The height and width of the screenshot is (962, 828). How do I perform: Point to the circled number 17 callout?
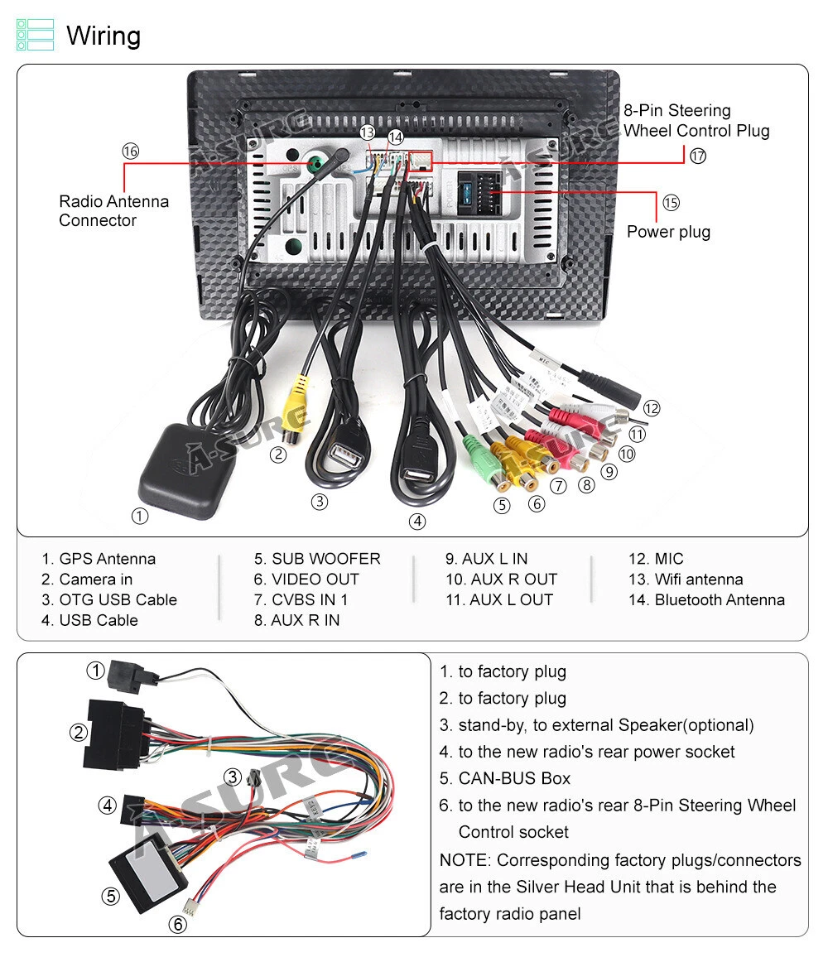[698, 155]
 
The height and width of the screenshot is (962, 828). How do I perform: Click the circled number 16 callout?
[130, 152]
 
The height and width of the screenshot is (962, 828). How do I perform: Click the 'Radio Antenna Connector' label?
[113, 210]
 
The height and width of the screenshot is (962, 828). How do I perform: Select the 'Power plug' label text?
[668, 232]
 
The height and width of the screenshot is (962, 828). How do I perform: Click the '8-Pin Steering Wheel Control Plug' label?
[696, 120]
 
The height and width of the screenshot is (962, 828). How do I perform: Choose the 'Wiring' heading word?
[103, 36]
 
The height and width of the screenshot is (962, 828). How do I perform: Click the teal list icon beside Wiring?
[35, 35]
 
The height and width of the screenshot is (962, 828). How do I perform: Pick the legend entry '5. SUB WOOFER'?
[317, 559]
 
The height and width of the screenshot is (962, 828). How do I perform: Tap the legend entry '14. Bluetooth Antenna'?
[706, 599]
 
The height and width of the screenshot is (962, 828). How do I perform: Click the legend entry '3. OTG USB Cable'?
[109, 599]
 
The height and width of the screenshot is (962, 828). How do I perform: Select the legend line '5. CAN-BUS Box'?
[505, 778]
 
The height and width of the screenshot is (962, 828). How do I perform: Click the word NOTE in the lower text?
[464, 860]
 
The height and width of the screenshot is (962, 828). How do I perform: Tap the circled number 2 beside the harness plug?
[78, 732]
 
